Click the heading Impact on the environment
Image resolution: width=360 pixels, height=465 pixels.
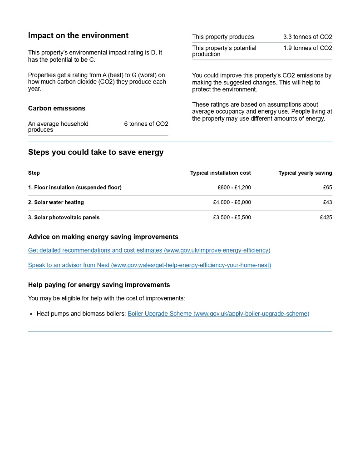coord(78,35)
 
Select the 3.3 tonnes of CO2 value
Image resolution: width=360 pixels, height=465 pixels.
coord(307,37)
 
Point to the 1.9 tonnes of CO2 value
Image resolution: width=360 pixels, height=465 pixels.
coord(307,48)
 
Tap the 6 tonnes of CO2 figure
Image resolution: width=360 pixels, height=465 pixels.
coord(146,124)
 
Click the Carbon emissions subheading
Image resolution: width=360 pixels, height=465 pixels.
coord(57,109)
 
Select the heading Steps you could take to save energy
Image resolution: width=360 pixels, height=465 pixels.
coord(96,153)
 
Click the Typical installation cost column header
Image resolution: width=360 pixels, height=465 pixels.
coord(220,173)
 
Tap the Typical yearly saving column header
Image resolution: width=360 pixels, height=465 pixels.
coord(305,173)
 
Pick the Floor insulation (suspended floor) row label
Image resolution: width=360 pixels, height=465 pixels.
coord(75,188)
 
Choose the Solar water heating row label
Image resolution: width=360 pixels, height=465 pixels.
coord(56,203)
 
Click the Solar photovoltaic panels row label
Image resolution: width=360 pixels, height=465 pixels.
coord(64,218)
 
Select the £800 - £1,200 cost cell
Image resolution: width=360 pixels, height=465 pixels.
coord(234,188)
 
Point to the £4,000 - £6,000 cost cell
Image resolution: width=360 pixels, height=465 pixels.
coord(232,203)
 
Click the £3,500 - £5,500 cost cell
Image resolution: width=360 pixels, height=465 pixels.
coord(232,218)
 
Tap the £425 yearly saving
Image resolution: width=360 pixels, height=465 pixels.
coord(326,218)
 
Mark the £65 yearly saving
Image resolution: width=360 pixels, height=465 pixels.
coord(327,188)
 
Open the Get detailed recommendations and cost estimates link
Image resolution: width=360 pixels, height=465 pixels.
coord(149,250)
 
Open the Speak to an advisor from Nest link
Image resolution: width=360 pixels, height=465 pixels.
coord(149,265)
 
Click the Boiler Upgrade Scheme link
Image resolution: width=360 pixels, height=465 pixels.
coord(218,314)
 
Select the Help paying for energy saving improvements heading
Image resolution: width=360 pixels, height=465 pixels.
coord(99,285)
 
